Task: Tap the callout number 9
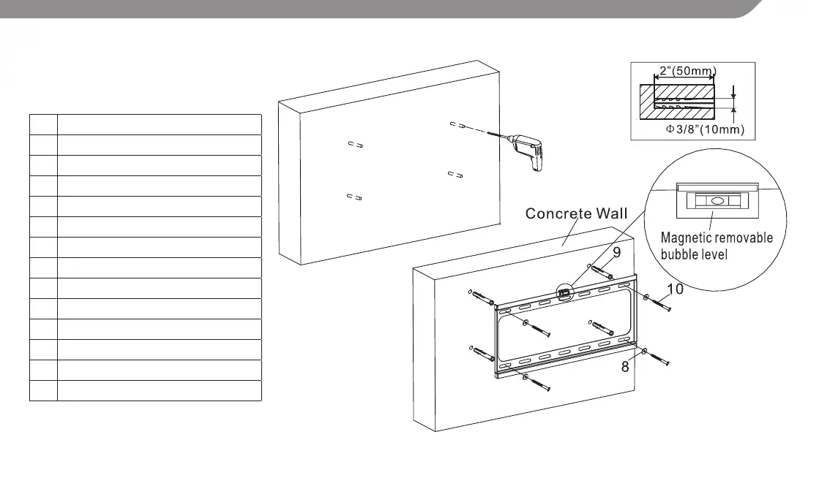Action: coord(617,253)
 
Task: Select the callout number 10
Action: coord(675,289)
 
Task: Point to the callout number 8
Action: coord(625,367)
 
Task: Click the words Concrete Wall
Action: coord(576,213)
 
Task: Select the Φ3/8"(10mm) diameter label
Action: coord(703,129)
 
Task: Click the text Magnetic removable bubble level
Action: coord(717,246)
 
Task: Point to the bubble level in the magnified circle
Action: coord(717,199)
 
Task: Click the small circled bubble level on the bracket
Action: coord(564,294)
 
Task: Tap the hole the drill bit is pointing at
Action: coord(455,125)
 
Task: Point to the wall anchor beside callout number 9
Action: coord(602,273)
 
